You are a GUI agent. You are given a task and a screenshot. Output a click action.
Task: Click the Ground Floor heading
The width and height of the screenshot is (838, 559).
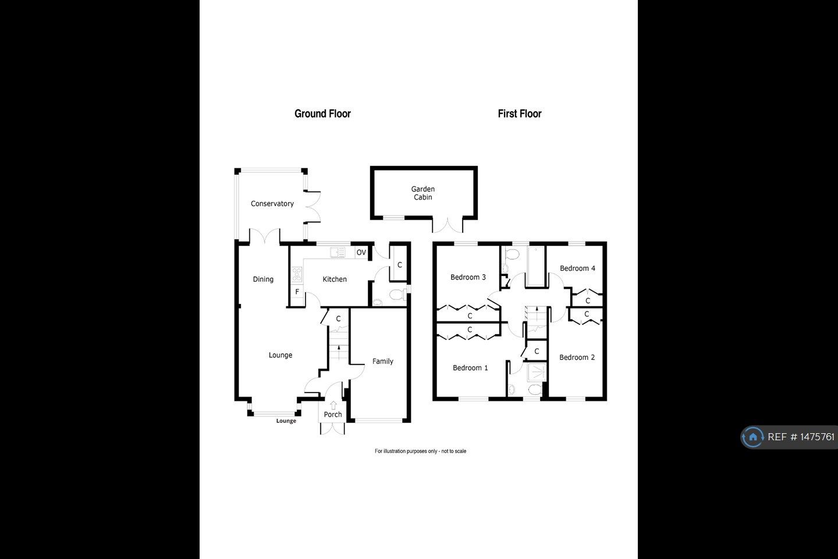[x=322, y=114]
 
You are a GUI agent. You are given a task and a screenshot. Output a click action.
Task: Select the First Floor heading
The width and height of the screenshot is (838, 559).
[x=519, y=114]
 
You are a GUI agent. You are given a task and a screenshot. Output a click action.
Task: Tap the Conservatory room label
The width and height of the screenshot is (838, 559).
[x=272, y=204]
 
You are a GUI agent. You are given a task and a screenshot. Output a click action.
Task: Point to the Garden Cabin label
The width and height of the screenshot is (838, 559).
[x=423, y=193]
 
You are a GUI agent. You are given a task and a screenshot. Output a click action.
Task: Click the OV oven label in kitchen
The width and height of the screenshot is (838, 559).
[x=361, y=252]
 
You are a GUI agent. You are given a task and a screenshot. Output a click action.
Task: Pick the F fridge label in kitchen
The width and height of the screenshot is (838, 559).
[x=297, y=292]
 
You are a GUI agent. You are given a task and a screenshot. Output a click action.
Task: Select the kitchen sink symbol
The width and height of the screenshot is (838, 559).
[x=337, y=252]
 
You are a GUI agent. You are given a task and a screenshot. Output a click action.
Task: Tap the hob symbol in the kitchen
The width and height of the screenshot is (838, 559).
[x=297, y=274]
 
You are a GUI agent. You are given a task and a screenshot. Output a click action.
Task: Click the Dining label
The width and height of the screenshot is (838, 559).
[x=263, y=279]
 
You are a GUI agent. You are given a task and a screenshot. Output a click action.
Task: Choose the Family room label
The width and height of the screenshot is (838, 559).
[x=382, y=362]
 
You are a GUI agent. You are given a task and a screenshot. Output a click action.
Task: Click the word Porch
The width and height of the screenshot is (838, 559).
[x=333, y=415]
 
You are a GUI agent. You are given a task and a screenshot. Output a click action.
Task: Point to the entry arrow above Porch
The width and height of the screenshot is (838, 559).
[x=333, y=405]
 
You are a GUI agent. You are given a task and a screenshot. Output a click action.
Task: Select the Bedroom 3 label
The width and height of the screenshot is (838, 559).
[x=468, y=277]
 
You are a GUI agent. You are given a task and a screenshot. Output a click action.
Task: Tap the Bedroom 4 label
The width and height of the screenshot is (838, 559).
[x=577, y=268]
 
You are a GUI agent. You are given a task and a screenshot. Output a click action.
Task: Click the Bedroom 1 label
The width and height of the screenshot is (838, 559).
[x=470, y=368]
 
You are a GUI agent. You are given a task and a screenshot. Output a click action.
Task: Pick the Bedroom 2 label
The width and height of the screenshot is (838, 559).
[x=577, y=358]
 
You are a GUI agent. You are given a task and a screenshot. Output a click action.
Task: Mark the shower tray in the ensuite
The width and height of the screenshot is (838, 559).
[x=535, y=372]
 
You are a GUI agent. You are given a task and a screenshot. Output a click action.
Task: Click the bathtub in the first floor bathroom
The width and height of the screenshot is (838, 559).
[x=535, y=267]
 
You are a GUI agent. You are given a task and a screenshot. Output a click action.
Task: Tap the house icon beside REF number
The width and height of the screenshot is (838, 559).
[x=753, y=437]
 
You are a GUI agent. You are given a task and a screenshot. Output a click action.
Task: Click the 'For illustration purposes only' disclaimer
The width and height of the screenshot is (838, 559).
[x=420, y=451]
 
